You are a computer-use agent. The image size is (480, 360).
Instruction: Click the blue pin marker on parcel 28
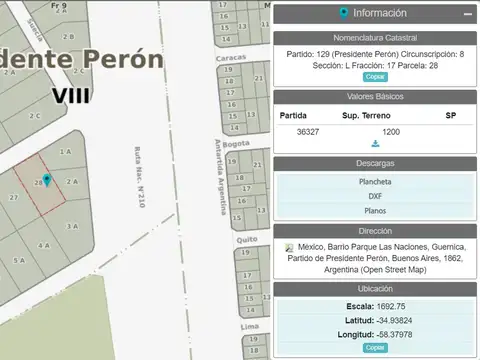(x=46, y=181)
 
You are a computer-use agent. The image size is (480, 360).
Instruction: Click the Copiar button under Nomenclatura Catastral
(x=374, y=76)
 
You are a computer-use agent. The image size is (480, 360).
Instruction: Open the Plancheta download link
(x=375, y=182)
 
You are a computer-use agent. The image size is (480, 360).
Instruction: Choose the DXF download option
(x=375, y=196)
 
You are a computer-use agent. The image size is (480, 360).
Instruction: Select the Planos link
(x=375, y=211)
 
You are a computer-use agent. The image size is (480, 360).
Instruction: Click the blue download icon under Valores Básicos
(x=375, y=144)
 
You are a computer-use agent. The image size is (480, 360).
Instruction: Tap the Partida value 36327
(x=310, y=131)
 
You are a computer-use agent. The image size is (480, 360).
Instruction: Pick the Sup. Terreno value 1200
(x=391, y=131)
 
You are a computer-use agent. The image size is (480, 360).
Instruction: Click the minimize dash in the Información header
(x=467, y=15)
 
